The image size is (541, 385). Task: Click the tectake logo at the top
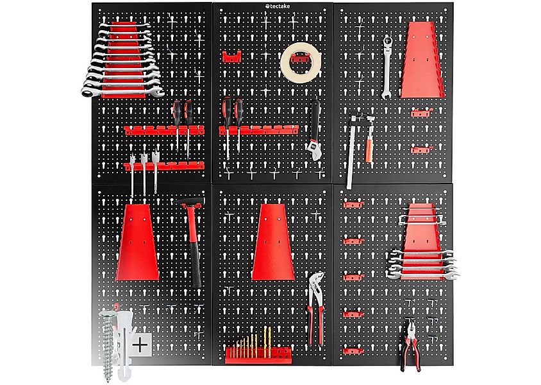(x=278, y=6)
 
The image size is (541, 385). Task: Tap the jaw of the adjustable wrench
(x=313, y=150)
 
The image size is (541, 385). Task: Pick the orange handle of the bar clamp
(x=369, y=149)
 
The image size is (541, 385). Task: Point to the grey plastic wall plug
(x=124, y=343)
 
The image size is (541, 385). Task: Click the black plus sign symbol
(x=140, y=345)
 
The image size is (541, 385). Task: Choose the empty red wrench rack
(x=422, y=60)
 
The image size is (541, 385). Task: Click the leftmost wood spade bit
(x=132, y=175)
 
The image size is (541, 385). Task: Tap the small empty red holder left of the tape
(x=231, y=56)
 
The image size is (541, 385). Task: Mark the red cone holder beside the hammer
(x=137, y=242)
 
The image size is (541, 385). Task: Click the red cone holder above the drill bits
(x=273, y=242)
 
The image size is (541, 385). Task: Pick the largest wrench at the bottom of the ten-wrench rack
(x=122, y=92)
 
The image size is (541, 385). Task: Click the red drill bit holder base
(x=258, y=355)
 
